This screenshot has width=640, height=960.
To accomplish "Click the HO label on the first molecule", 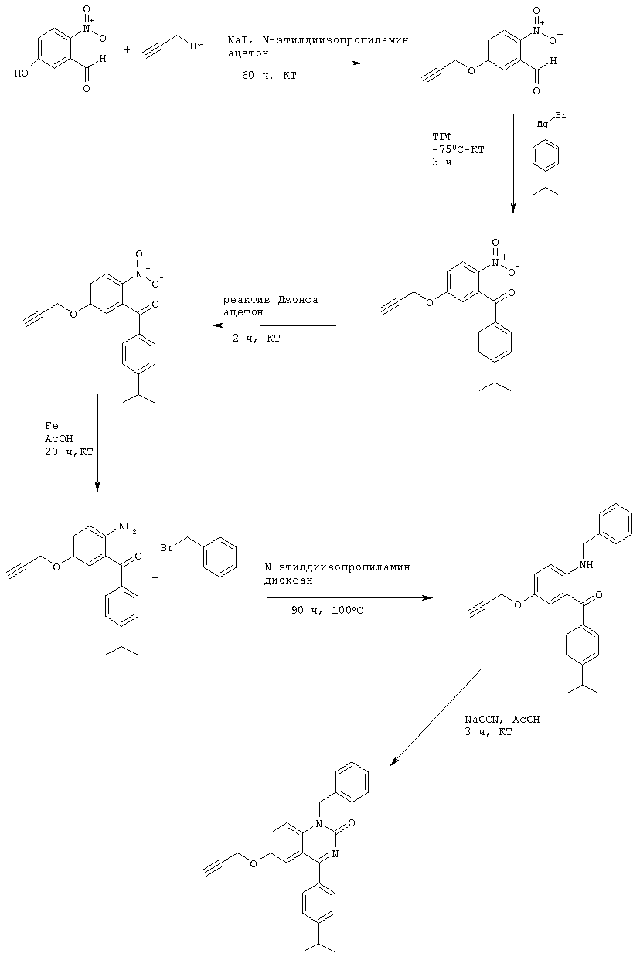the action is tap(21, 73).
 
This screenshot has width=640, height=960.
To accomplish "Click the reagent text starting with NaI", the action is tap(318, 40).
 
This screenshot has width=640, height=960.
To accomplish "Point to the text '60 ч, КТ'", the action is tap(269, 76).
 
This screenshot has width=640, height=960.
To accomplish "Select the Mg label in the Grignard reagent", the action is tap(543, 124).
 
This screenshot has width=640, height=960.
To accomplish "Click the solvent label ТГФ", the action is tap(441, 137).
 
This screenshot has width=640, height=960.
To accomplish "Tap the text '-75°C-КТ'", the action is tap(458, 150).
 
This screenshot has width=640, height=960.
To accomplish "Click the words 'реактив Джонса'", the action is tap(271, 300).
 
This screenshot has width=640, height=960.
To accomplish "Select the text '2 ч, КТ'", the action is tap(257, 338).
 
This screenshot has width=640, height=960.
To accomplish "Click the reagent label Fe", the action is tap(52, 426).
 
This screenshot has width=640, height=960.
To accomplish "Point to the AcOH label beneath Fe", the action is tap(59, 439).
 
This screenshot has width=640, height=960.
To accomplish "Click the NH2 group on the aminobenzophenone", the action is tap(128, 528).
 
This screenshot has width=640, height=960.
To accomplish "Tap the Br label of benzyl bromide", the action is tap(167, 547).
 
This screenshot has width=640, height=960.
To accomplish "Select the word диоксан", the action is tap(288, 580).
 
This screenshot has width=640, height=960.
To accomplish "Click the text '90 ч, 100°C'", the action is tap(327, 611).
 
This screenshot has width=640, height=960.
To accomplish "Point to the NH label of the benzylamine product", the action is tap(586, 564).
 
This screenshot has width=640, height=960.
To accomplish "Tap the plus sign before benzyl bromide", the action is tap(155, 577).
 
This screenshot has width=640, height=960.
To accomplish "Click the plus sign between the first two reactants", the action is tap(127, 50).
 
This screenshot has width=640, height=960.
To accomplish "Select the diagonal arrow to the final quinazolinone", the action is tap(434, 717).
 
